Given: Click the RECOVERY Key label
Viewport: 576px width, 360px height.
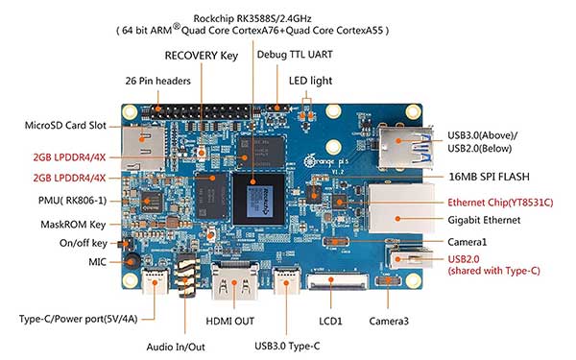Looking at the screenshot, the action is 202,56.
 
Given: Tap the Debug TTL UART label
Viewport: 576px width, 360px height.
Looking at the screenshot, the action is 295,55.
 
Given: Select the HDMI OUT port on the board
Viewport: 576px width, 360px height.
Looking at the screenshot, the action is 234,281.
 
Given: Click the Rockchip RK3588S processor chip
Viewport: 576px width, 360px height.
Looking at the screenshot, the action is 259,199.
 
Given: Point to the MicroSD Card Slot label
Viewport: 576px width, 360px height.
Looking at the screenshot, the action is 65,126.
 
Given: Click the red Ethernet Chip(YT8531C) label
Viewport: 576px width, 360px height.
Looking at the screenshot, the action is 500,203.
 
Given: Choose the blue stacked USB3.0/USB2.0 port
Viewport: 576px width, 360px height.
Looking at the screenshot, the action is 405,146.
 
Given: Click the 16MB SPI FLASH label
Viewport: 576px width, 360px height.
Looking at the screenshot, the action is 489,177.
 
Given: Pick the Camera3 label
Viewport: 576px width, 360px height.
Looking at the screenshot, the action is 389,322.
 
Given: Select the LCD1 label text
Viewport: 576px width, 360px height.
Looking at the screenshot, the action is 330,322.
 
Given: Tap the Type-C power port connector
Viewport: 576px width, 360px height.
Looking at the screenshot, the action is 155,281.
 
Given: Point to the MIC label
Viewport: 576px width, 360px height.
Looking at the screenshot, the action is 97,262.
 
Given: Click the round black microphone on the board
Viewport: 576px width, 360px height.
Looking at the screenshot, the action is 131,261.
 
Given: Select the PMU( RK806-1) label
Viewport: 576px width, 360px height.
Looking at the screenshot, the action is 72,201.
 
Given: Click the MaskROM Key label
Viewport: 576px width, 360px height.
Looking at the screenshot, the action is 73,225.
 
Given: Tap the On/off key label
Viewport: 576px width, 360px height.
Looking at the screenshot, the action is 84,243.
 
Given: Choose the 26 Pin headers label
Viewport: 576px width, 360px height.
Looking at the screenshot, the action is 158,81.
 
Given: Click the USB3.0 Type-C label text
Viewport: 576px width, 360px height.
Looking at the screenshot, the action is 287,346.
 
